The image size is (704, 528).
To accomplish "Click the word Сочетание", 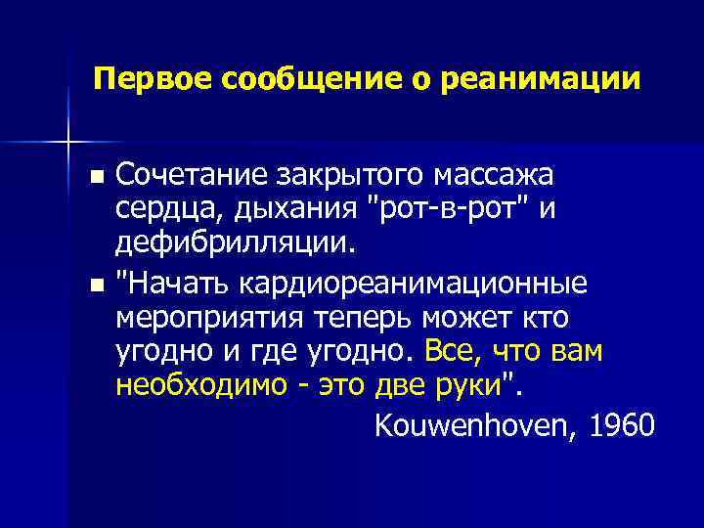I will click(192, 176).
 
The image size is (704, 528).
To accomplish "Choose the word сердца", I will click(157, 208).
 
